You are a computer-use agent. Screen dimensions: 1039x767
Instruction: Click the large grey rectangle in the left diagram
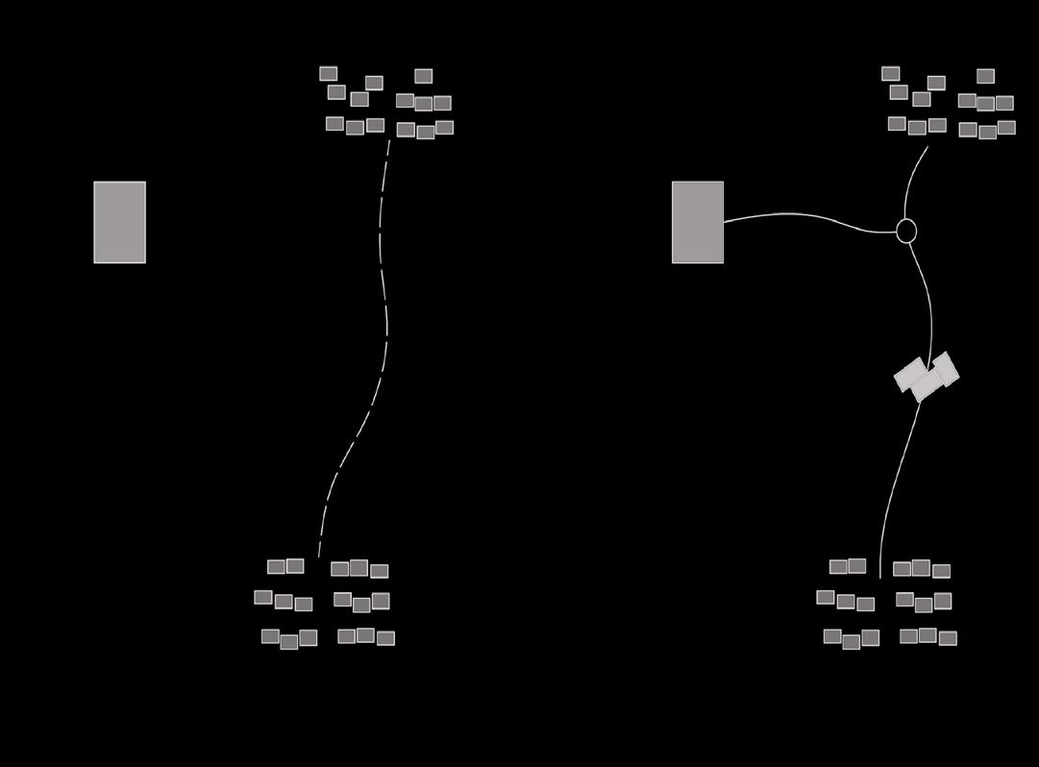click(119, 222)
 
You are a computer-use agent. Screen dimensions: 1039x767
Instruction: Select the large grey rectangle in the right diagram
click(697, 222)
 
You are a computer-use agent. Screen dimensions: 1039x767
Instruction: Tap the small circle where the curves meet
click(905, 231)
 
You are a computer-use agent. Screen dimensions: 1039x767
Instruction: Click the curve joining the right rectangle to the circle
click(807, 215)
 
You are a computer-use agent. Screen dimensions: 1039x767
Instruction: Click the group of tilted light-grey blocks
click(927, 376)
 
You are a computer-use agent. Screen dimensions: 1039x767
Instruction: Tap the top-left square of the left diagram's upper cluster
click(328, 73)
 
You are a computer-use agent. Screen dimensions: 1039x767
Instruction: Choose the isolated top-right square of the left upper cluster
click(423, 76)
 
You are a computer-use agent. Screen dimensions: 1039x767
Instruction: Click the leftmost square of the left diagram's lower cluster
click(262, 597)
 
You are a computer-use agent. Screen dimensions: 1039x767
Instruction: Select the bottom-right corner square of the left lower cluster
click(385, 638)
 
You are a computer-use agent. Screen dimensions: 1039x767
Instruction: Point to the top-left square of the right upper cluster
click(890, 73)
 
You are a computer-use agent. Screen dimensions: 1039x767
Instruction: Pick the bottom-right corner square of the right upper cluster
click(1006, 127)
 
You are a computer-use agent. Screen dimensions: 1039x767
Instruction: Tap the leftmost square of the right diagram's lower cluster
click(825, 597)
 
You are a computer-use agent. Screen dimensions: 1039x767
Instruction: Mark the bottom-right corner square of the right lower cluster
click(948, 638)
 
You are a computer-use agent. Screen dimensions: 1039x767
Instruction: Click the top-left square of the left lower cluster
click(276, 566)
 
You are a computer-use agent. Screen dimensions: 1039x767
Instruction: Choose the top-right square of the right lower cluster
click(941, 571)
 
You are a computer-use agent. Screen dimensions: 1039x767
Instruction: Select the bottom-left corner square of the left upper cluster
click(334, 123)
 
